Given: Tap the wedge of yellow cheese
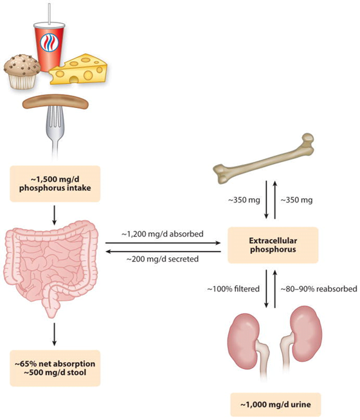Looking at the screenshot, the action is pyautogui.click(x=78, y=69).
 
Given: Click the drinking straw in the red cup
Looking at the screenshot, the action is pyautogui.click(x=50, y=14).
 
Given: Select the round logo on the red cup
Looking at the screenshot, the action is pyautogui.click(x=49, y=42).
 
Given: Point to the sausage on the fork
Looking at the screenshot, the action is pyautogui.click(x=55, y=103).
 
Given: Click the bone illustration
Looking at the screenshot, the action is pyautogui.click(x=264, y=159).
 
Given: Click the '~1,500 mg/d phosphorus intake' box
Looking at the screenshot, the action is pyautogui.click(x=55, y=184).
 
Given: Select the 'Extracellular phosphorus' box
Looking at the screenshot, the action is pyautogui.click(x=273, y=245).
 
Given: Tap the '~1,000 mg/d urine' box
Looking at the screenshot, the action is pyautogui.click(x=276, y=405).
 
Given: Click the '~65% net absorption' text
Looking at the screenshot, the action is pyautogui.click(x=55, y=364).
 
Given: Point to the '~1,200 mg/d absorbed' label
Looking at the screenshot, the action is pyautogui.click(x=163, y=234).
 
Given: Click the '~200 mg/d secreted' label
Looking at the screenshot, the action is pyautogui.click(x=163, y=259).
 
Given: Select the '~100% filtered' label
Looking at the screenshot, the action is pyautogui.click(x=233, y=289).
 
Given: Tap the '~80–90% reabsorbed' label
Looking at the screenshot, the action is pyautogui.click(x=319, y=289).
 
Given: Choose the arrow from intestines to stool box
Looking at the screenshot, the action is pyautogui.click(x=55, y=334).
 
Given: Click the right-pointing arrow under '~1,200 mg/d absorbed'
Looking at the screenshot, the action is pyautogui.click(x=163, y=243).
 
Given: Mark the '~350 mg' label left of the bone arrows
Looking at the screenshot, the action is pyautogui.click(x=244, y=200).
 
